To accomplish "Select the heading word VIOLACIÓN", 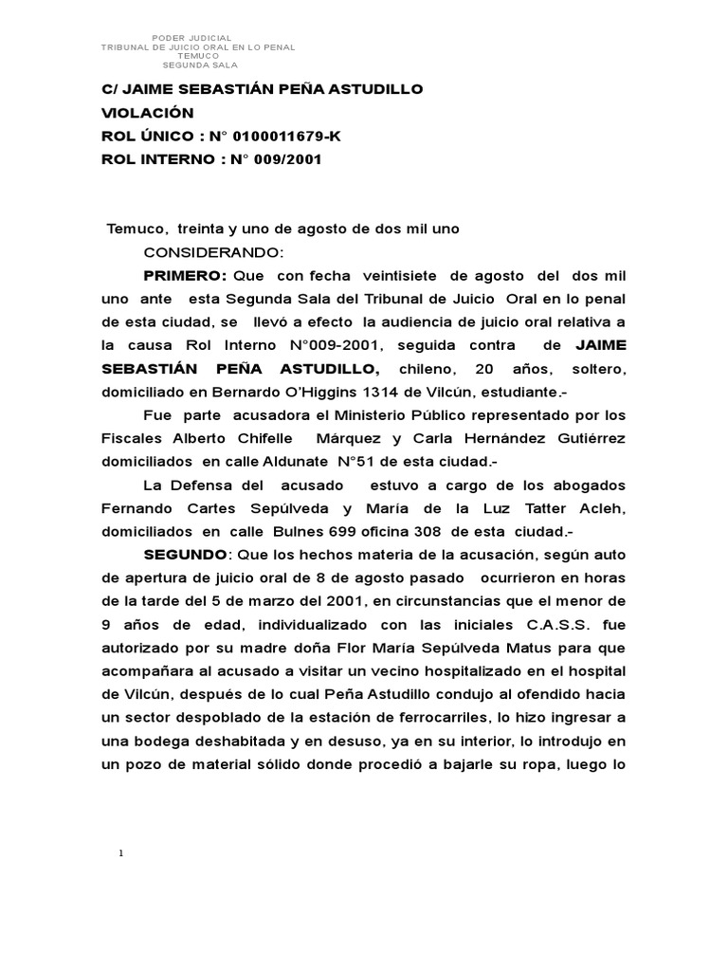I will [x=147, y=113].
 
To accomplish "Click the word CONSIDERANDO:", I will [x=212, y=252].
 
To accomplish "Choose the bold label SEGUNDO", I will [x=185, y=554].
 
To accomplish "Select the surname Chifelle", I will [x=268, y=437].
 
